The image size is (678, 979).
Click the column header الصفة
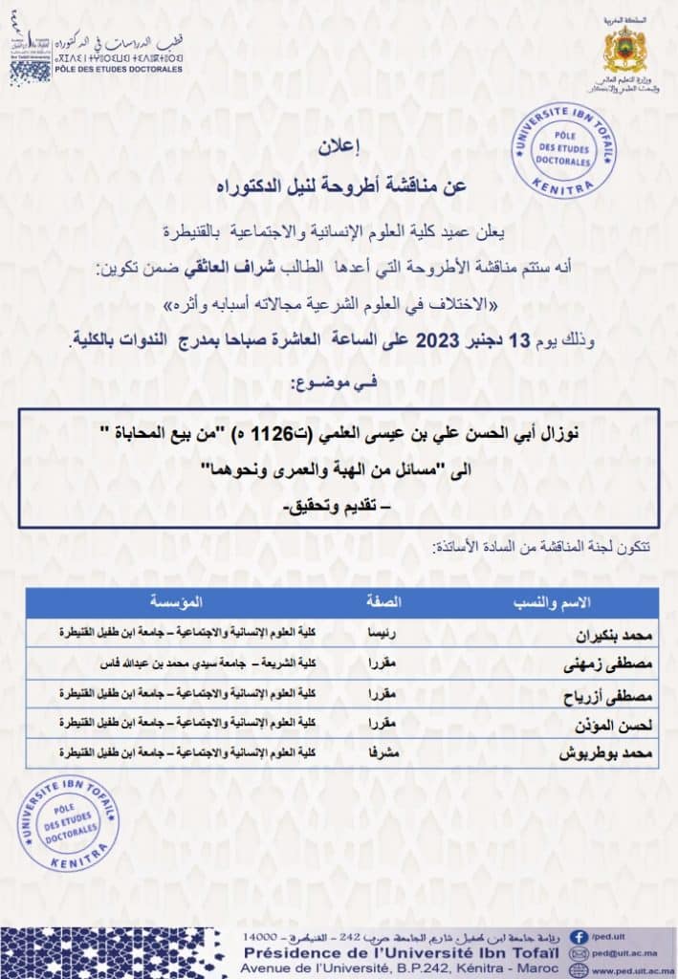[384, 602]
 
